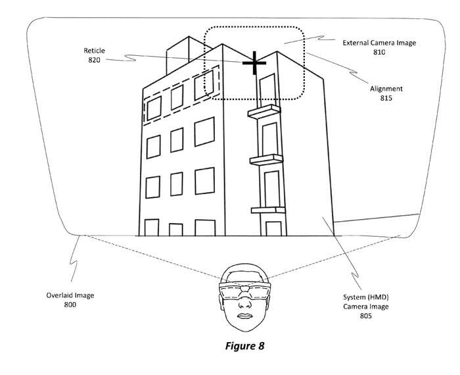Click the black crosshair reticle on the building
point(254,63)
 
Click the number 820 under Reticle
point(94,60)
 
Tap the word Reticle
point(94,51)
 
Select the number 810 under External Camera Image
point(379,52)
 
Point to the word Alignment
point(386,89)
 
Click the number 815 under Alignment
point(386,98)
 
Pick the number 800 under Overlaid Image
point(70,305)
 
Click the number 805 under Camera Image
point(366,316)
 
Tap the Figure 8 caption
point(244,346)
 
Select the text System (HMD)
point(366,297)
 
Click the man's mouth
point(244,316)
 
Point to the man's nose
point(244,303)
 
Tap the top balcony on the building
point(264,112)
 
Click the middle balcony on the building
point(266,160)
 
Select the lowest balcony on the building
point(268,210)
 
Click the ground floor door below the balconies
point(273,229)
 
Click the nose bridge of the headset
point(244,288)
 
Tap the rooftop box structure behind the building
point(182,55)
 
